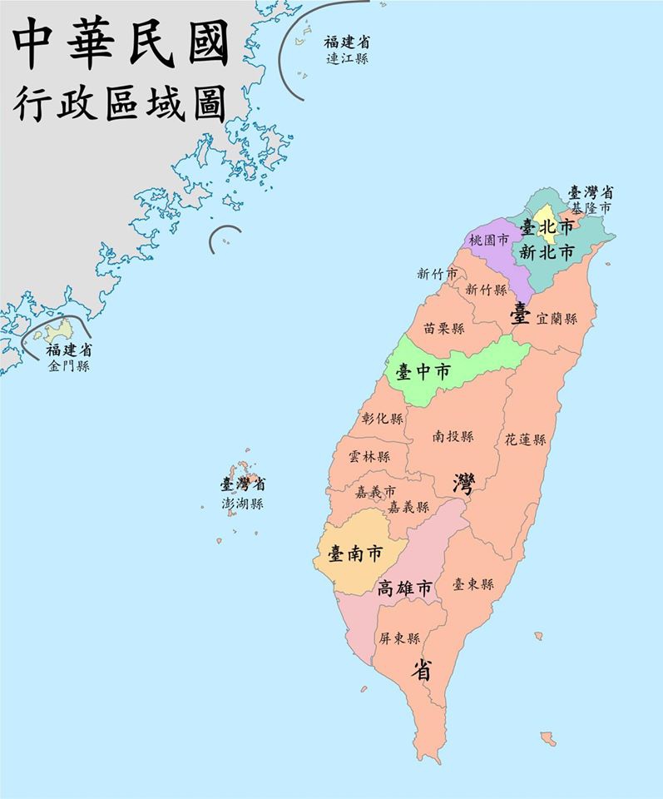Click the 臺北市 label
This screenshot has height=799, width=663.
(547, 226)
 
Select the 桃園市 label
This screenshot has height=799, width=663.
(487, 240)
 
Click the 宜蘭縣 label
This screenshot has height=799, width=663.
(557, 318)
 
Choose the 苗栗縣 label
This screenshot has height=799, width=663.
(443, 329)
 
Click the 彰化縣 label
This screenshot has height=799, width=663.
(383, 419)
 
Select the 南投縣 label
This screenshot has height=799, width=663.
(453, 436)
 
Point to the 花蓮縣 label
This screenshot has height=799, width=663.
(525, 439)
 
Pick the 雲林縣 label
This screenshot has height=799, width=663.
(369, 457)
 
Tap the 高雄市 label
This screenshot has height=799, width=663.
(405, 588)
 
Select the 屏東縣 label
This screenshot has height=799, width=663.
(399, 638)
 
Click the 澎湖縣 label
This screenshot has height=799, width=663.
(242, 504)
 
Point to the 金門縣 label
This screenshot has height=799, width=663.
(69, 366)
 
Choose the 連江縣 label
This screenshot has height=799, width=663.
(347, 59)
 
